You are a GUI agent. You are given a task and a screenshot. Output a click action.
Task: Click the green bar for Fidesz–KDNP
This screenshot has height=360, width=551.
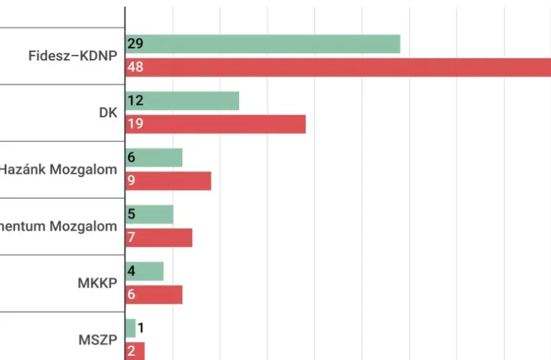coord(263,44)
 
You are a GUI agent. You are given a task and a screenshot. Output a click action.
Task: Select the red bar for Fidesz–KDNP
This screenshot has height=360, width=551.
coord(339,67)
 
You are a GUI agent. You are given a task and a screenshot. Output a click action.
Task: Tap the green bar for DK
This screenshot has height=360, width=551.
coord(182,101)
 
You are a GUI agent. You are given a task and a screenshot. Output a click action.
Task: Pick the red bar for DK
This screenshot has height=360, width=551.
coord(215,124)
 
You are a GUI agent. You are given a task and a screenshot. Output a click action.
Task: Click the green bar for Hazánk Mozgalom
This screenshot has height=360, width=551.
coord(154,158)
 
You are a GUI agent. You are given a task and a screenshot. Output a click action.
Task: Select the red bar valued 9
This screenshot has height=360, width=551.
coord(169,181)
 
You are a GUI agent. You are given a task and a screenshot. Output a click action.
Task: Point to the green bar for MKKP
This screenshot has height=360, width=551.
coord(145,271)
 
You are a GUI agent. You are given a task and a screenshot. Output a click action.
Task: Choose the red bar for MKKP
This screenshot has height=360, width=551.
coord(154,294)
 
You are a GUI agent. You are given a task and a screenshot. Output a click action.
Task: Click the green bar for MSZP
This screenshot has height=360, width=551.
coord(130,328)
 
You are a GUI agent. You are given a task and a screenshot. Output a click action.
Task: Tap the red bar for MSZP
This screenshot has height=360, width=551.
coord(135,351)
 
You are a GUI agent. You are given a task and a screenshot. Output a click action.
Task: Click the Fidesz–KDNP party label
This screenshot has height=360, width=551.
coord(72,55)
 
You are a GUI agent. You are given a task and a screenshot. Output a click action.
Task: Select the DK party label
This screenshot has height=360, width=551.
coord(108,112)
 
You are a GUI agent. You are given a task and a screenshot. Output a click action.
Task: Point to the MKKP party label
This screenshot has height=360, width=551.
coord(97,283)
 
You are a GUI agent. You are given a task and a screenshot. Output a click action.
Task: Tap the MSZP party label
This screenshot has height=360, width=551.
coord(97,340)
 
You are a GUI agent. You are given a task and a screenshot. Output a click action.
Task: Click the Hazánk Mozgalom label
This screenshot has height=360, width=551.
coord(58,170)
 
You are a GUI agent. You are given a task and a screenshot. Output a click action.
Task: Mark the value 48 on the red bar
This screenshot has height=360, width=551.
coord(135,67)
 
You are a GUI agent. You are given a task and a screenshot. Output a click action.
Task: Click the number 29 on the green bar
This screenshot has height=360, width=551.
coord(135,44)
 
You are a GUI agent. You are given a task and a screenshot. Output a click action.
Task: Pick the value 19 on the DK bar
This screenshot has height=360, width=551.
coord(135,124)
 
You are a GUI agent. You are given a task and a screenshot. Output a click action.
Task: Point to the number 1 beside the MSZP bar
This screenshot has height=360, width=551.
coord(141,328)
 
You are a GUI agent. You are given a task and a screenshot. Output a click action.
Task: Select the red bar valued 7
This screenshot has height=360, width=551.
coord(159,238)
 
